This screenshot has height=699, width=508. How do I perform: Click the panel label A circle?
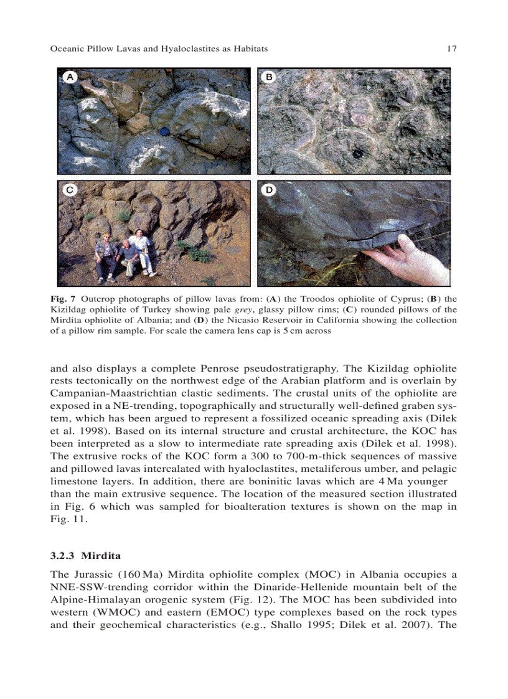click(x=70, y=77)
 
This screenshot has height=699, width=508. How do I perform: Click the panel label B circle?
click(x=270, y=77)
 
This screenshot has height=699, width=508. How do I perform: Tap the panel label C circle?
click(x=70, y=190)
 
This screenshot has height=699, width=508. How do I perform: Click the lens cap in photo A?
click(x=164, y=131)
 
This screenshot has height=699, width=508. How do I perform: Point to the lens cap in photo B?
click(x=357, y=154)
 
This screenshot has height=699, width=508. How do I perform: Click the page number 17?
click(x=452, y=49)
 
